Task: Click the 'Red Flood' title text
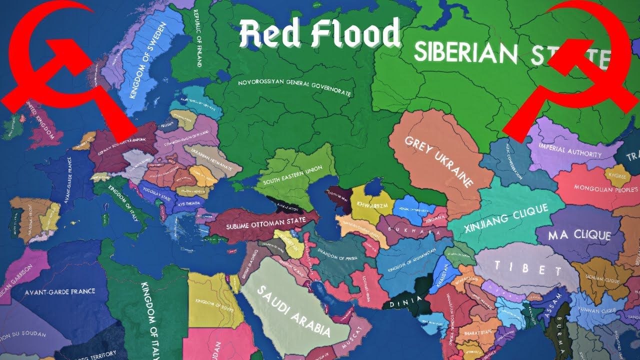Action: tap(320, 34)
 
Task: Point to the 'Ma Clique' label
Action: tap(580, 235)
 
